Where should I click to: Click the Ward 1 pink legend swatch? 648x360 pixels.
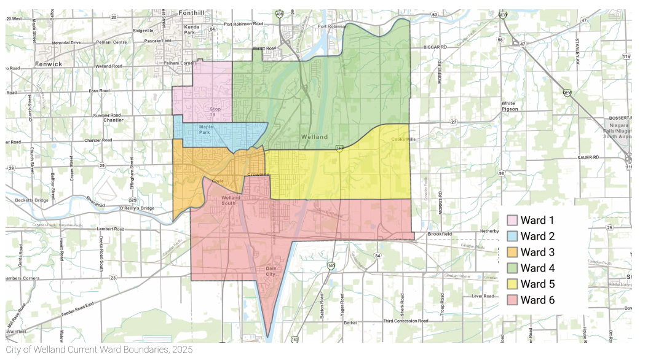pyautogui.click(x=512, y=221)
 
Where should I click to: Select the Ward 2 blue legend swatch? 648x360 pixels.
pyautogui.click(x=512, y=237)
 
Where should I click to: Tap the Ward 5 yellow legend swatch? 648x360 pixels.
pyautogui.click(x=512, y=284)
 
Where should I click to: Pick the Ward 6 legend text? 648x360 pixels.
pyautogui.click(x=537, y=300)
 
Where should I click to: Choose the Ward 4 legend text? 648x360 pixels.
pyautogui.click(x=537, y=268)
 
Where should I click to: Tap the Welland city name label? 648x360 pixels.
pyautogui.click(x=314, y=136)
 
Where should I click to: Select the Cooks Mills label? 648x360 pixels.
pyautogui.click(x=403, y=139)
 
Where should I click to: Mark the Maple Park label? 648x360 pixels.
pyautogui.click(x=205, y=130)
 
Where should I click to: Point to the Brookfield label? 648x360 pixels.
pyautogui.click(x=440, y=234)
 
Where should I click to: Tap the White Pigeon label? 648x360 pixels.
pyautogui.click(x=509, y=106)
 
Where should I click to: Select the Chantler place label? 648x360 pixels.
pyautogui.click(x=113, y=120)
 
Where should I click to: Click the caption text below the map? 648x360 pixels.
pyautogui.click(x=99, y=350)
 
